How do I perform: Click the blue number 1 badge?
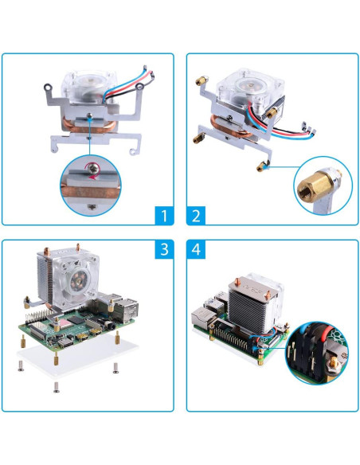coord(162,215)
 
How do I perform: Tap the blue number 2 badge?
coord(197,215)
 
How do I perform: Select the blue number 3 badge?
coord(162,250)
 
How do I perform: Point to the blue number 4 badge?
coord(197,250)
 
